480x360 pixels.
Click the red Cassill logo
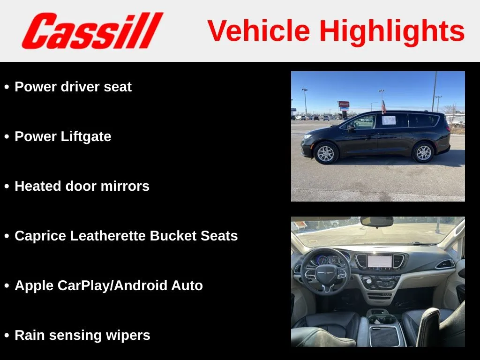(x=92, y=30)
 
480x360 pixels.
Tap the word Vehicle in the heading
(x=259, y=30)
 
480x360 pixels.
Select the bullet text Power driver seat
(x=73, y=87)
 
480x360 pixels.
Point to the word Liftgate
(x=86, y=136)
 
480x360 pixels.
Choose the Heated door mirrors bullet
(x=82, y=186)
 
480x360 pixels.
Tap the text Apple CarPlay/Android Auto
(x=109, y=285)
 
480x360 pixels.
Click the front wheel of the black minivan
(x=326, y=153)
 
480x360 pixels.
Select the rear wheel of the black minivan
(x=423, y=152)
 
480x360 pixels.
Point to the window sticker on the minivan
(x=389, y=120)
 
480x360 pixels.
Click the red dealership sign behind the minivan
(x=344, y=104)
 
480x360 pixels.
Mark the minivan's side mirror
(x=351, y=128)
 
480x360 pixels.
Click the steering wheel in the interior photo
(x=325, y=271)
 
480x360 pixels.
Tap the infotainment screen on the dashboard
(x=380, y=262)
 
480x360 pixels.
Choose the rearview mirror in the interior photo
(x=376, y=221)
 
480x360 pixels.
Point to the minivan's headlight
(x=307, y=136)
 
